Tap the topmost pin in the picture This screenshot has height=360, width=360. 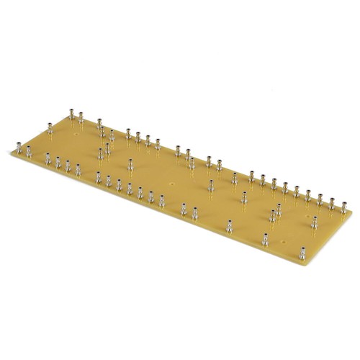pyautogui.click(x=72, y=113)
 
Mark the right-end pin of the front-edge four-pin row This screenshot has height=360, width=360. pyautogui.click(x=78, y=169)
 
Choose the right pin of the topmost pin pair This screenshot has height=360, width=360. pyautogui.click(x=81, y=116)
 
